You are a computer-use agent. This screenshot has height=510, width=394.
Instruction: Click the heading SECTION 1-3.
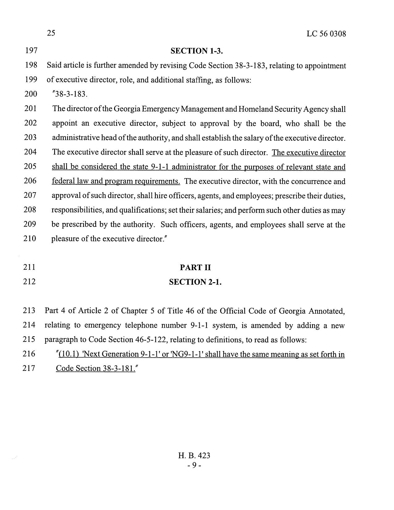tap(197, 51)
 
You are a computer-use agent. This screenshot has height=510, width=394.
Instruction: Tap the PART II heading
tap(195, 268)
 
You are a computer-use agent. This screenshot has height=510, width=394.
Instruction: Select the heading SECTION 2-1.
tap(195, 282)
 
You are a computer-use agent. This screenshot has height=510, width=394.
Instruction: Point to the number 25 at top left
tap(51, 33)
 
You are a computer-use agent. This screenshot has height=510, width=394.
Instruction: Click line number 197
tap(31, 51)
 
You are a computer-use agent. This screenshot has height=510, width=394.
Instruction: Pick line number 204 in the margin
tap(31, 152)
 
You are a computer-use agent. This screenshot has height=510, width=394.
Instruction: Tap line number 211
tap(30, 267)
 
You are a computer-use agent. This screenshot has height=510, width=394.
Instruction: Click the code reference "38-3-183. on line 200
tap(70, 94)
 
